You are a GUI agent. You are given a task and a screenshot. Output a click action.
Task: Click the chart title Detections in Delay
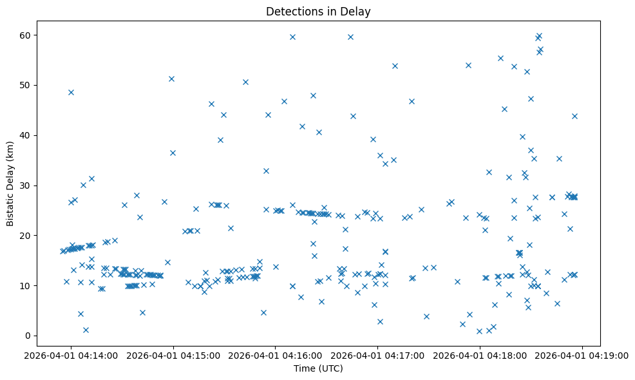coord(318,12)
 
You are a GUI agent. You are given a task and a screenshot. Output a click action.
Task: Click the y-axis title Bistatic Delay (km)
coord(10,183)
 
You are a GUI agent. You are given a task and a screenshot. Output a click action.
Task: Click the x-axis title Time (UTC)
coord(318,369)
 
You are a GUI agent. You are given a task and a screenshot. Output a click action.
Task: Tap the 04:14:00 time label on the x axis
coord(71,355)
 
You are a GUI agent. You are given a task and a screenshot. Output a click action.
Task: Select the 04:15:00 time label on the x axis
coord(173,355)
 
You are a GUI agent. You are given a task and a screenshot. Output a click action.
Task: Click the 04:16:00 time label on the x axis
coord(276,355)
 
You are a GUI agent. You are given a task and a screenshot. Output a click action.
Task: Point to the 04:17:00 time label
coord(378,355)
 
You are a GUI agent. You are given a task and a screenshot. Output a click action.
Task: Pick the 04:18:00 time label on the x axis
coord(480,355)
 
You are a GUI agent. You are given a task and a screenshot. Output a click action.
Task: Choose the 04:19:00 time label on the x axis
coord(583,355)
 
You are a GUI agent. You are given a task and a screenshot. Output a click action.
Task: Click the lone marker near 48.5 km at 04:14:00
coord(71,92)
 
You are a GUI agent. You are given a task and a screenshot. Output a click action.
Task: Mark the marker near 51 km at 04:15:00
coord(171,79)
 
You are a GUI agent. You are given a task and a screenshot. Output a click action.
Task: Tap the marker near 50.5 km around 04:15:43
coord(245,82)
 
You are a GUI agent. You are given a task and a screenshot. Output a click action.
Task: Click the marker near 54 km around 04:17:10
coord(395,66)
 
